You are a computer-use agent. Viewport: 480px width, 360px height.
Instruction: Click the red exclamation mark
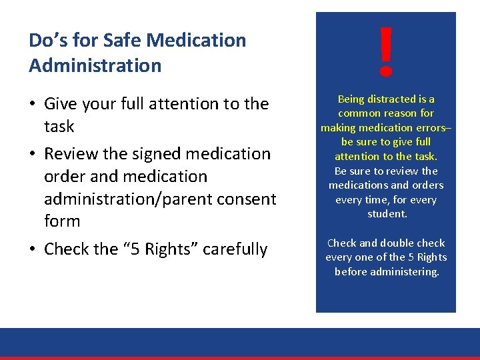(385, 51)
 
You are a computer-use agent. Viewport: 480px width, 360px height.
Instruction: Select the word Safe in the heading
(122, 41)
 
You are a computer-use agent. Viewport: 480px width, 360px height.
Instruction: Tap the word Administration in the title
(95, 66)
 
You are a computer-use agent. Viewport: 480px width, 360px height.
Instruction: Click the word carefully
(235, 249)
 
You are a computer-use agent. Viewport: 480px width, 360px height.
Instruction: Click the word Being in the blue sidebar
(351, 99)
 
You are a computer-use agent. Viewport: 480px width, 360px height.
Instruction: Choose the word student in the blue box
(386, 214)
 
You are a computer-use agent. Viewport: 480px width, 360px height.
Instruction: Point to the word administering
(405, 272)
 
